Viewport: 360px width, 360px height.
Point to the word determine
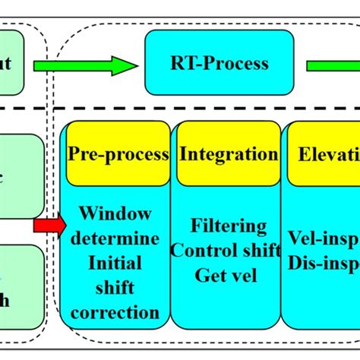[118, 239]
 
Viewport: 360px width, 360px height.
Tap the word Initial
[118, 264]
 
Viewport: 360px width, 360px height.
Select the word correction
[118, 312]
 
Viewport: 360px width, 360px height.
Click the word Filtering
[229, 226]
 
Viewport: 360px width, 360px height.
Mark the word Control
[206, 250]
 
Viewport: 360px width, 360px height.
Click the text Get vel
[229, 274]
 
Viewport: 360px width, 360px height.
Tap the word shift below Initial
[118, 288]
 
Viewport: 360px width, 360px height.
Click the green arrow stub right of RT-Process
[334, 66]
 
